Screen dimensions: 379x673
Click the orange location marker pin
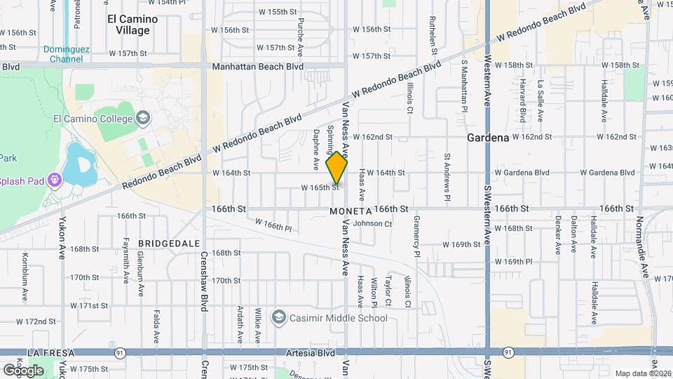(337, 168)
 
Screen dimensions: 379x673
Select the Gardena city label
(488, 138)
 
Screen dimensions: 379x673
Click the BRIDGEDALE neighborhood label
(164, 243)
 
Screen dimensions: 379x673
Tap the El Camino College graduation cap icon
(144, 117)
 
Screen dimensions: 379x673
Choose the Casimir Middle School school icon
(278, 318)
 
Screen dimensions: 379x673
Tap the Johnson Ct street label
(372, 224)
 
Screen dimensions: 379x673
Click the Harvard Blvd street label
(522, 101)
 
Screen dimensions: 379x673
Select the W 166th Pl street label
(273, 225)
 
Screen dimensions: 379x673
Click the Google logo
(22, 370)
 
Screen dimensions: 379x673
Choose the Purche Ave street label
(300, 42)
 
